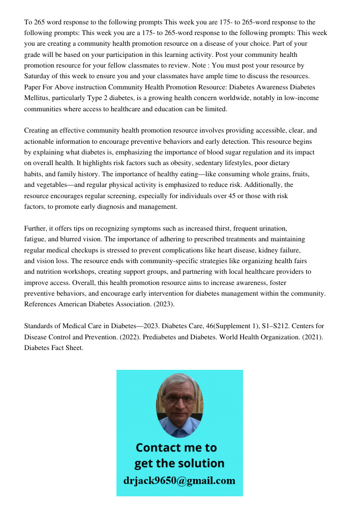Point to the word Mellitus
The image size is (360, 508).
tap(38, 98)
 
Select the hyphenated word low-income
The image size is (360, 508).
tap(302, 98)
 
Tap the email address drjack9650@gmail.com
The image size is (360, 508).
tap(179, 481)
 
